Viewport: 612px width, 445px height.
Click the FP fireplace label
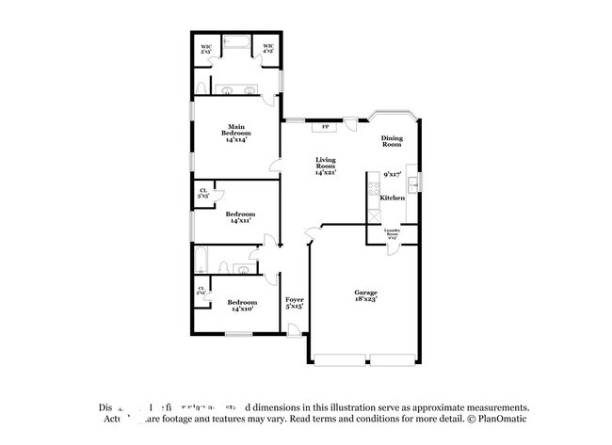326,126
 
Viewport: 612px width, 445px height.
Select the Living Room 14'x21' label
325,167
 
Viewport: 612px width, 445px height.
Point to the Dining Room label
392,142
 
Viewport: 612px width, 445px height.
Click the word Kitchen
393,199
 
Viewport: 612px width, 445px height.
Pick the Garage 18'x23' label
366,295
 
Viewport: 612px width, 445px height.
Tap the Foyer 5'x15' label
295,302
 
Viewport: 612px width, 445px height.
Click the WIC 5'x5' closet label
205,49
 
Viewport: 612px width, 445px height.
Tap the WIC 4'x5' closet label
268,49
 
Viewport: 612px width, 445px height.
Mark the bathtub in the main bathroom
236,43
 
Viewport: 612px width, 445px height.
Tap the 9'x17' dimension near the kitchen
393,175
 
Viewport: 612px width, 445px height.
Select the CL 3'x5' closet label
202,195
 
